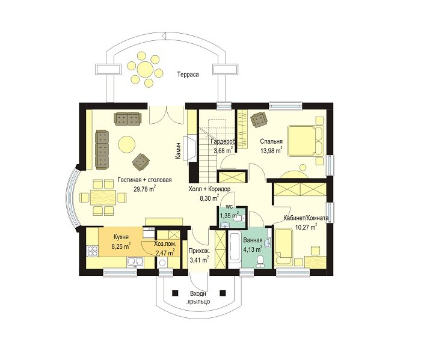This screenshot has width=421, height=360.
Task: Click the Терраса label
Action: click(188, 75)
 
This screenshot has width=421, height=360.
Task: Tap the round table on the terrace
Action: click(145, 69)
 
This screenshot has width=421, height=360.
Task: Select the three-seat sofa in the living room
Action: click(102, 150)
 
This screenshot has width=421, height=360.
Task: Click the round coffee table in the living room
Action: click(127, 144)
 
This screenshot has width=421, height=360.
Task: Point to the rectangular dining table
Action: click(103, 198)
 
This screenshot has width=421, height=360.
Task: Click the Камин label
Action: click(178, 151)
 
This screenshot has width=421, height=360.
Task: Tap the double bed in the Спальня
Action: click(306, 141)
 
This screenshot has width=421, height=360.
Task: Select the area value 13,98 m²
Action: click(271, 150)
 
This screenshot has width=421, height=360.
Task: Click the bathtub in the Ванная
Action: click(235, 248)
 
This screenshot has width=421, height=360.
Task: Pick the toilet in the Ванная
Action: click(260, 261)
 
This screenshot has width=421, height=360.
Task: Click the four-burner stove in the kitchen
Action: click(92, 251)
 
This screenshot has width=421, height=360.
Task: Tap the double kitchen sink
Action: click(135, 262)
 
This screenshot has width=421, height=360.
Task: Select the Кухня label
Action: click(121, 237)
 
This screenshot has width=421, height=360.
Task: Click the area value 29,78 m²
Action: click(145, 189)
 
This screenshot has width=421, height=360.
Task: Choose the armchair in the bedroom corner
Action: click(259, 120)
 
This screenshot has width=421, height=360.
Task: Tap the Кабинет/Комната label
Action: click(306, 218)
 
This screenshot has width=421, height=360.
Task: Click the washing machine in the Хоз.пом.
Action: click(163, 263)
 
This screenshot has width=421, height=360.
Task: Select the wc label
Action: click(229, 207)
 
